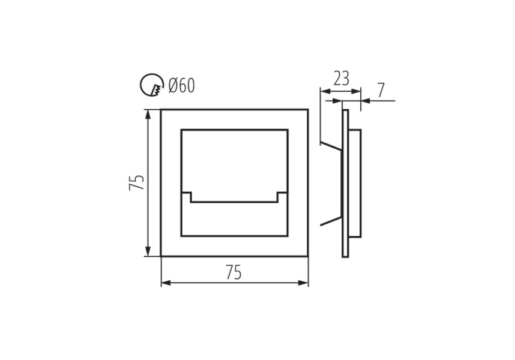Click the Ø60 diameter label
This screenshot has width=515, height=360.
182,86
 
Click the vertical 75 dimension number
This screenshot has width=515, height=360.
137,182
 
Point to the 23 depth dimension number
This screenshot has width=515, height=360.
342,78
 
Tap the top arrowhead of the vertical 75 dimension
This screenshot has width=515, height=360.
148,114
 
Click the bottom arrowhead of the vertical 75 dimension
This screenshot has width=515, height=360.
148,251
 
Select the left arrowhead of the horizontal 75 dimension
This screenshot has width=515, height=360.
166,283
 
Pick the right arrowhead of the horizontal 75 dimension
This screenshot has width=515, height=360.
303,283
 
